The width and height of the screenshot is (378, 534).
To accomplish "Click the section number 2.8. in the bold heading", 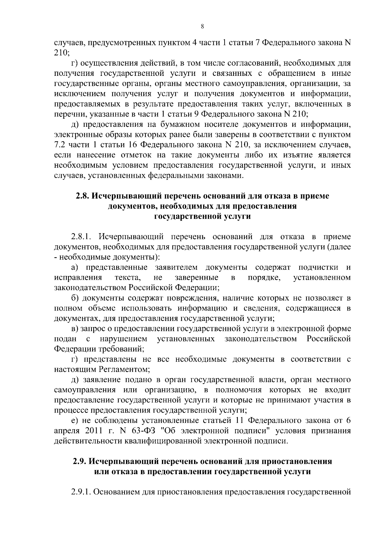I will click(83, 196).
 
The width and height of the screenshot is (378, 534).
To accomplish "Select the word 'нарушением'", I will click(123, 339).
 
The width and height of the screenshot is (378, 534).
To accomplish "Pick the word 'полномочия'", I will click(239, 390).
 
